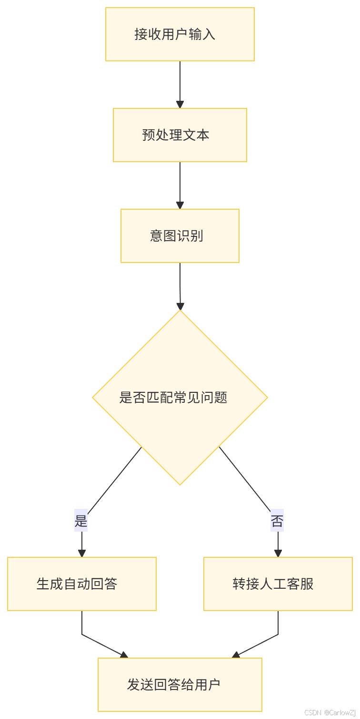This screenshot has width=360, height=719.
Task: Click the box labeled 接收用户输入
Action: point(180,34)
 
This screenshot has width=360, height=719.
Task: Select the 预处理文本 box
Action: point(180,135)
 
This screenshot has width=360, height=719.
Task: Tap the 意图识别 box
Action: point(180,236)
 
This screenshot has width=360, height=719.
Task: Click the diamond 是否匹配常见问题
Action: point(180,398)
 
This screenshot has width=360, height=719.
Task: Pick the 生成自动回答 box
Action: point(82,584)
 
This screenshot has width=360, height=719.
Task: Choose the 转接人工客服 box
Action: point(278,584)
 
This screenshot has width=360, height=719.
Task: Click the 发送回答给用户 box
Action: point(180,685)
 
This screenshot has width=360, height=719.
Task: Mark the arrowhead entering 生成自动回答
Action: point(82,554)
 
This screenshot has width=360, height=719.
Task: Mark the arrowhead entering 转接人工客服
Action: point(278,554)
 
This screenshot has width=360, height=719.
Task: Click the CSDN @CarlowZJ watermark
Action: point(329,712)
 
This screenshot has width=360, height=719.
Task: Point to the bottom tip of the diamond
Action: point(180,485)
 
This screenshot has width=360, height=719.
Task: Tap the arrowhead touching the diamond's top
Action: point(180,306)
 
